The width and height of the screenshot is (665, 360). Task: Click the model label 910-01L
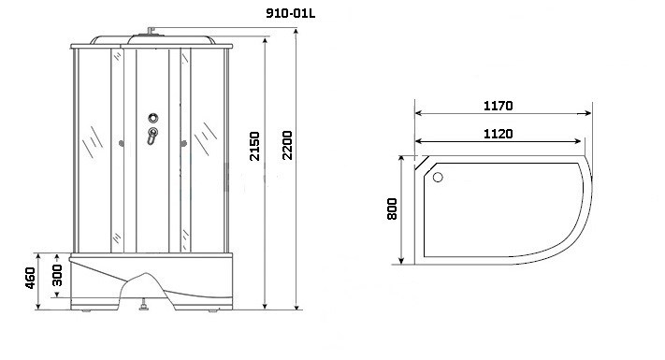click(x=291, y=13)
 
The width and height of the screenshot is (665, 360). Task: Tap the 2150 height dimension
click(x=254, y=146)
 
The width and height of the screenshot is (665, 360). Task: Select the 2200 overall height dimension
click(x=287, y=145)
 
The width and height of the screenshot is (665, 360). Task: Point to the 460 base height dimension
click(x=30, y=278)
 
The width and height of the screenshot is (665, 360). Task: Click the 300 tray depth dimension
click(x=57, y=275)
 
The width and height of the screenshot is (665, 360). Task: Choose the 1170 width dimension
click(x=499, y=105)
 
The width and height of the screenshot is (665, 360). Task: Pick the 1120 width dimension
click(x=499, y=134)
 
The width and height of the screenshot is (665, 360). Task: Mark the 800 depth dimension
click(x=392, y=209)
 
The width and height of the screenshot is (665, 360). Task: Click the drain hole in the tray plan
click(x=438, y=178)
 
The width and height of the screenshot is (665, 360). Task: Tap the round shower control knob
click(x=153, y=118)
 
